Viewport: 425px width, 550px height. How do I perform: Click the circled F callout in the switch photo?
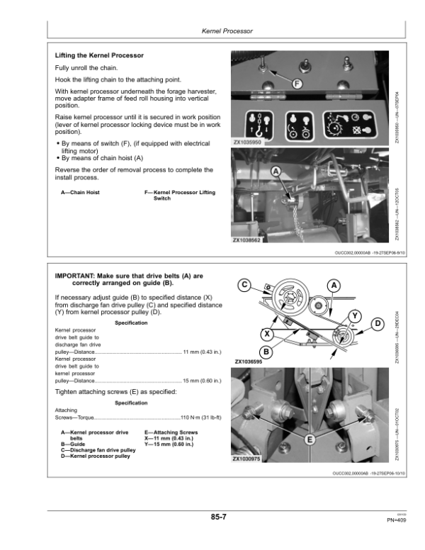click(x=296, y=84)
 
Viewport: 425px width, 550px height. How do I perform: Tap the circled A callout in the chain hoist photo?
click(x=276, y=171)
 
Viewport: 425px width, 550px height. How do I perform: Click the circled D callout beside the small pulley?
click(x=378, y=324)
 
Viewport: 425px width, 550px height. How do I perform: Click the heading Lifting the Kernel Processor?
click(x=99, y=55)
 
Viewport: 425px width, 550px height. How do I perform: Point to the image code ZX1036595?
click(x=247, y=361)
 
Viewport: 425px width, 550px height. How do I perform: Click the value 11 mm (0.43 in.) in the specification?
click(x=196, y=352)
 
